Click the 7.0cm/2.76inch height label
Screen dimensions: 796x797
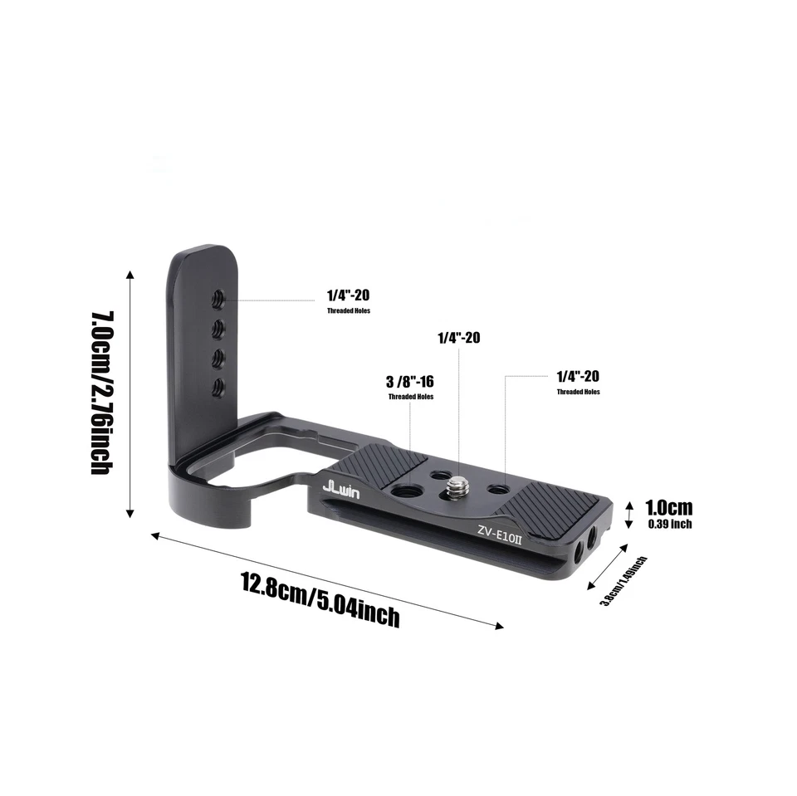pos(101,393)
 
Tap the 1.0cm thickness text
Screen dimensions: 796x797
pos(668,507)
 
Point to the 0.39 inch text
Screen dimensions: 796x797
pos(668,524)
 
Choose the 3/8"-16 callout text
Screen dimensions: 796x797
pos(411,382)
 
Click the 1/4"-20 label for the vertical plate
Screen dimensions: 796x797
pos(349,295)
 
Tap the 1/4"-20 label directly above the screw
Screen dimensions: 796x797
pos(459,338)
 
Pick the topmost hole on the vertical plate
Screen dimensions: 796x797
pos(220,295)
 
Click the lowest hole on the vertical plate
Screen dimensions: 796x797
pos(220,384)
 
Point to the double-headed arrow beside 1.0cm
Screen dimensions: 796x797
pos(628,514)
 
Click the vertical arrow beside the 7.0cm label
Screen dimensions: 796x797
pos(129,393)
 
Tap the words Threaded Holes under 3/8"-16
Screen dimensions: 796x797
pos(411,397)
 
